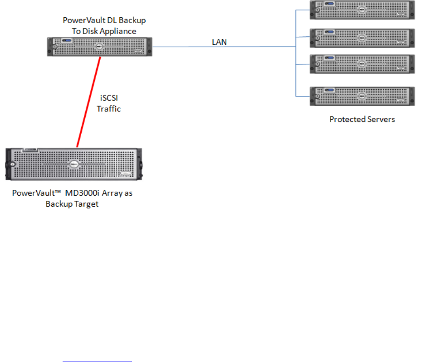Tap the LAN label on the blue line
coord(220,42)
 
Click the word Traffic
coord(109,109)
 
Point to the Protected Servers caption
coord(362,120)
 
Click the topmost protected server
coord(362,10)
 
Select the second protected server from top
coord(362,38)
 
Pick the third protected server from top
coord(362,64)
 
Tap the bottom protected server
coord(362,96)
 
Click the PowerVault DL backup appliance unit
coord(100,46)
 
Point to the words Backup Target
coord(72,204)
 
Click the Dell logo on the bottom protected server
coord(362,96)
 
